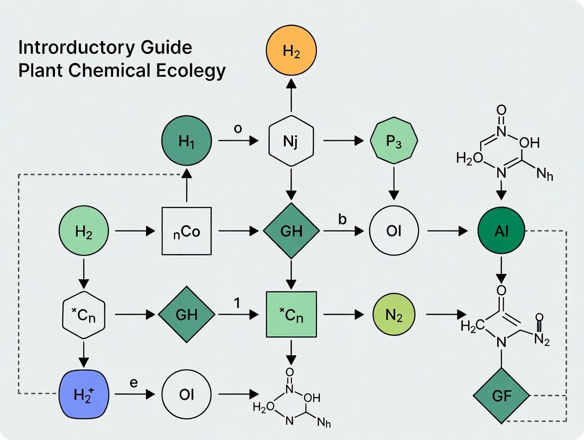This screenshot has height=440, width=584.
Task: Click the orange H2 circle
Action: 291,51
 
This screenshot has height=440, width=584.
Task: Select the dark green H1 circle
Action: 187,141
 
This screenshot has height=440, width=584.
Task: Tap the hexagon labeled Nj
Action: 291,141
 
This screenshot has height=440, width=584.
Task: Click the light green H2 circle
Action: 84,231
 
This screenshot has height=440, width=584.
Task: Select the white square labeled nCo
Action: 187,231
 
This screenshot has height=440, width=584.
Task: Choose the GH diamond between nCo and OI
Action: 291,231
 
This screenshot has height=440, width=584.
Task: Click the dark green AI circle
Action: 500,231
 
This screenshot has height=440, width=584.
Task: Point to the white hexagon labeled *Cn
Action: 84,315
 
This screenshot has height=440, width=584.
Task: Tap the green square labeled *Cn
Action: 291,315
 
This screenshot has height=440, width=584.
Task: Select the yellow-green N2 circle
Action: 394,315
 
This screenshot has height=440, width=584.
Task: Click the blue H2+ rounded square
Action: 84,395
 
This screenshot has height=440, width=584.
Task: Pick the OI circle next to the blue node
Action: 187,395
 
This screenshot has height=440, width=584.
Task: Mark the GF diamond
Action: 500,395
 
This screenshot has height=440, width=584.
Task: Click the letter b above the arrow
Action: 342,218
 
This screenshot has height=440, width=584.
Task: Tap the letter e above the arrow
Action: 133,382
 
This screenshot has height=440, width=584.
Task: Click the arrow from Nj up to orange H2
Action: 291,95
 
